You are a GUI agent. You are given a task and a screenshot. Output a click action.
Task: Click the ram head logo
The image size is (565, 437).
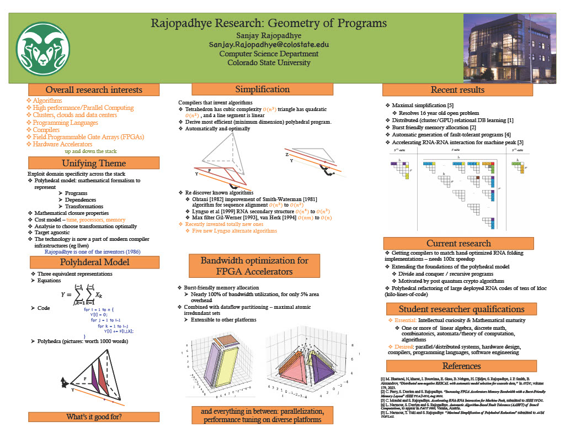click(x=43, y=48)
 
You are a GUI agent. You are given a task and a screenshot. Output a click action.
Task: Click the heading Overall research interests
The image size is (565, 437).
click(x=94, y=89)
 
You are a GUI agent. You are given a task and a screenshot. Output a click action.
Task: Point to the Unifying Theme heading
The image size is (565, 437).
click(x=94, y=163)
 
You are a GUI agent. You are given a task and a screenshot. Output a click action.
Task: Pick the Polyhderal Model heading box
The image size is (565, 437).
click(x=94, y=261)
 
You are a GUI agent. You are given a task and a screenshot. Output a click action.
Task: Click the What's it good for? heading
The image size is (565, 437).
click(x=94, y=417)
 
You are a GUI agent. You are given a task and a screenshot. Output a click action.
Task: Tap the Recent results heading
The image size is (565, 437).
click(x=457, y=89)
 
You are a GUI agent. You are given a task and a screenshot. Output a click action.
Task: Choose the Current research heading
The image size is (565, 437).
click(x=458, y=243)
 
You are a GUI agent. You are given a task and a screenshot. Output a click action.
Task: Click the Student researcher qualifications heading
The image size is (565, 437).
click(x=461, y=309)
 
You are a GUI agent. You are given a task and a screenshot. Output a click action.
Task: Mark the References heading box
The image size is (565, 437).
click(x=461, y=366)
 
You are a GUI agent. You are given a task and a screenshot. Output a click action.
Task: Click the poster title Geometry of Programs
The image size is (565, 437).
click(x=269, y=24)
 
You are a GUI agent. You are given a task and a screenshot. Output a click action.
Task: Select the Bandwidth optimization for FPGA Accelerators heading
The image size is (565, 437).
click(x=254, y=265)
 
